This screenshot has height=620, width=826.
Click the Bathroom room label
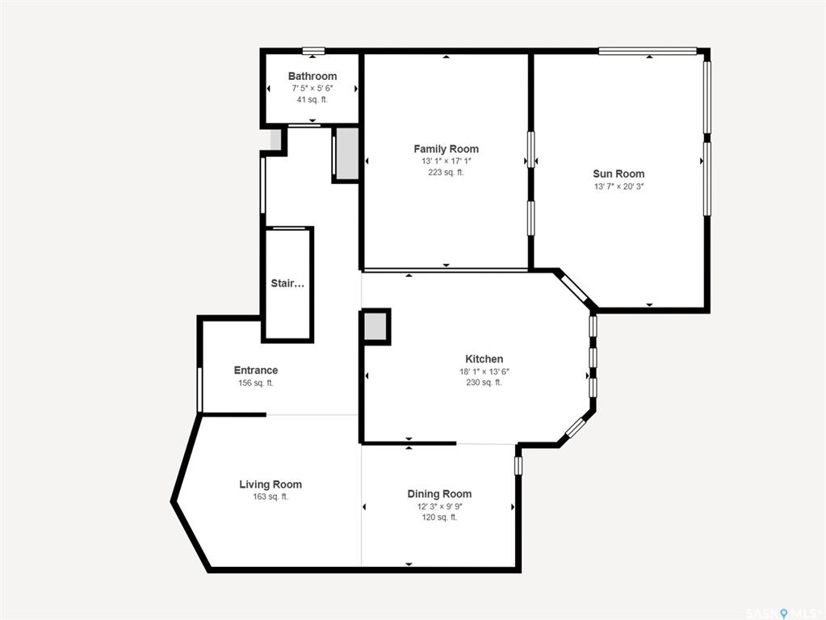[312, 76]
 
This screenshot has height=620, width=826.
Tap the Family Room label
[447, 149]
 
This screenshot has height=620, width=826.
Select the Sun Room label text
[618, 174]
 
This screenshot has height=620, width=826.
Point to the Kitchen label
[484, 358]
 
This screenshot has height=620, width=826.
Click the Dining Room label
[439, 494]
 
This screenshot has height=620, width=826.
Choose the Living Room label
[270, 484]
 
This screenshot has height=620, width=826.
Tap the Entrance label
[256, 371]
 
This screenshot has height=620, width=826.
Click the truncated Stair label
[287, 283]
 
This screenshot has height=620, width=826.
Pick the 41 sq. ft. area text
[312, 99]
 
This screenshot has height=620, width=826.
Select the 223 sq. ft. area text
[447, 172]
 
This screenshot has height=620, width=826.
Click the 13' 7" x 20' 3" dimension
[619, 186]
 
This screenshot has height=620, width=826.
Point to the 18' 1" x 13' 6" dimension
[484, 371]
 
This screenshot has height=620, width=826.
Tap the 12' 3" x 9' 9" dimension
[439, 507]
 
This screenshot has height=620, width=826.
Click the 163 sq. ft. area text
[270, 496]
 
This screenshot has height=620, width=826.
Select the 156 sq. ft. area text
[256, 383]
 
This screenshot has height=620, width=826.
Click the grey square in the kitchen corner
[375, 327]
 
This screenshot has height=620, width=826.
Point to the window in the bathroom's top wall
[313, 51]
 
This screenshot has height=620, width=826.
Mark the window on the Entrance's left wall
[199, 390]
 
